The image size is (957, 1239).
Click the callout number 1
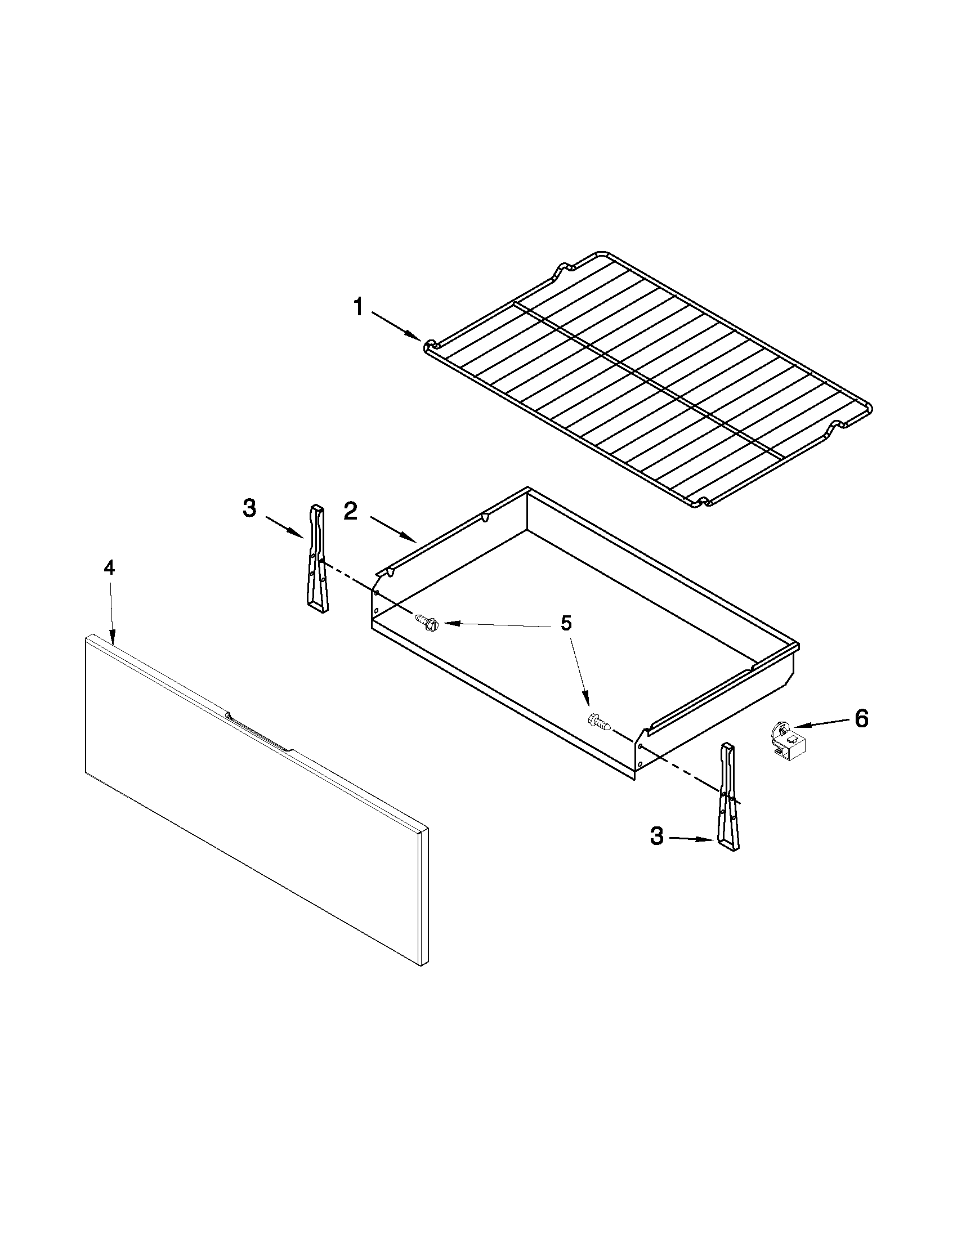pyautogui.click(x=358, y=308)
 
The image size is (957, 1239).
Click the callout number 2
pyautogui.click(x=350, y=512)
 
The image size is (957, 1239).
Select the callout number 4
pyautogui.click(x=109, y=567)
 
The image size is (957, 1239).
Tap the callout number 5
pyautogui.click(x=566, y=623)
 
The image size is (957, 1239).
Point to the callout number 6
pyautogui.click(x=861, y=719)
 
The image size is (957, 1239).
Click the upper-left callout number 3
pyautogui.click(x=249, y=508)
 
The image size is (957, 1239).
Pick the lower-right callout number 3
pyautogui.click(x=656, y=836)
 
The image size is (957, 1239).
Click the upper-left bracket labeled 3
pyautogui.click(x=317, y=559)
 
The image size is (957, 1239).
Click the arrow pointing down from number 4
pyautogui.click(x=111, y=612)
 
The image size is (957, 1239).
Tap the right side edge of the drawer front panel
pyautogui.click(x=424, y=897)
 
